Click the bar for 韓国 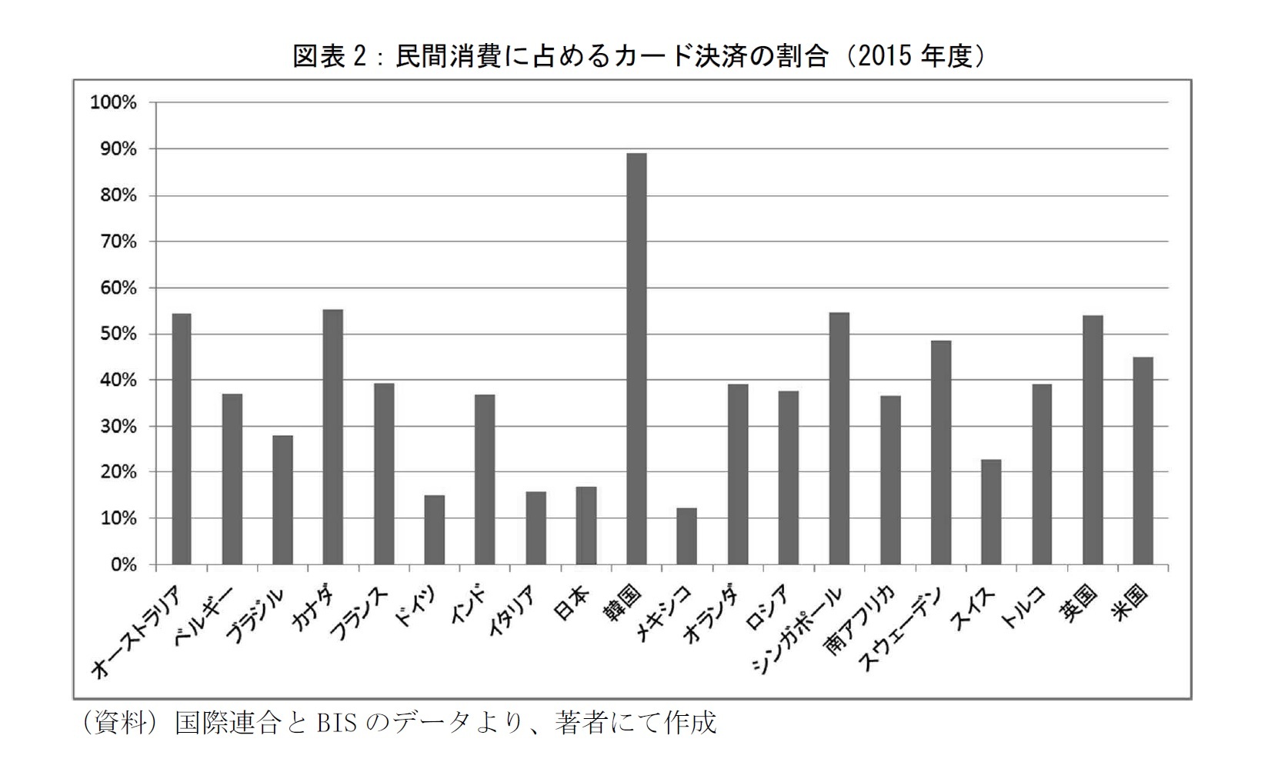pyautogui.click(x=636, y=359)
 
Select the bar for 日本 pyautogui.click(x=586, y=526)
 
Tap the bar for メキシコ pyautogui.click(x=686, y=536)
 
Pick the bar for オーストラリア pyautogui.click(x=181, y=439)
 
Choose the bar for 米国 pyautogui.click(x=1143, y=461)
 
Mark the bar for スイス pyautogui.click(x=991, y=512)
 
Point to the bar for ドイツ pyautogui.click(x=434, y=530)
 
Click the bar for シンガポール pyautogui.click(x=839, y=438)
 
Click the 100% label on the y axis pyautogui.click(x=114, y=103)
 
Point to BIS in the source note pyautogui.click(x=335, y=723)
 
